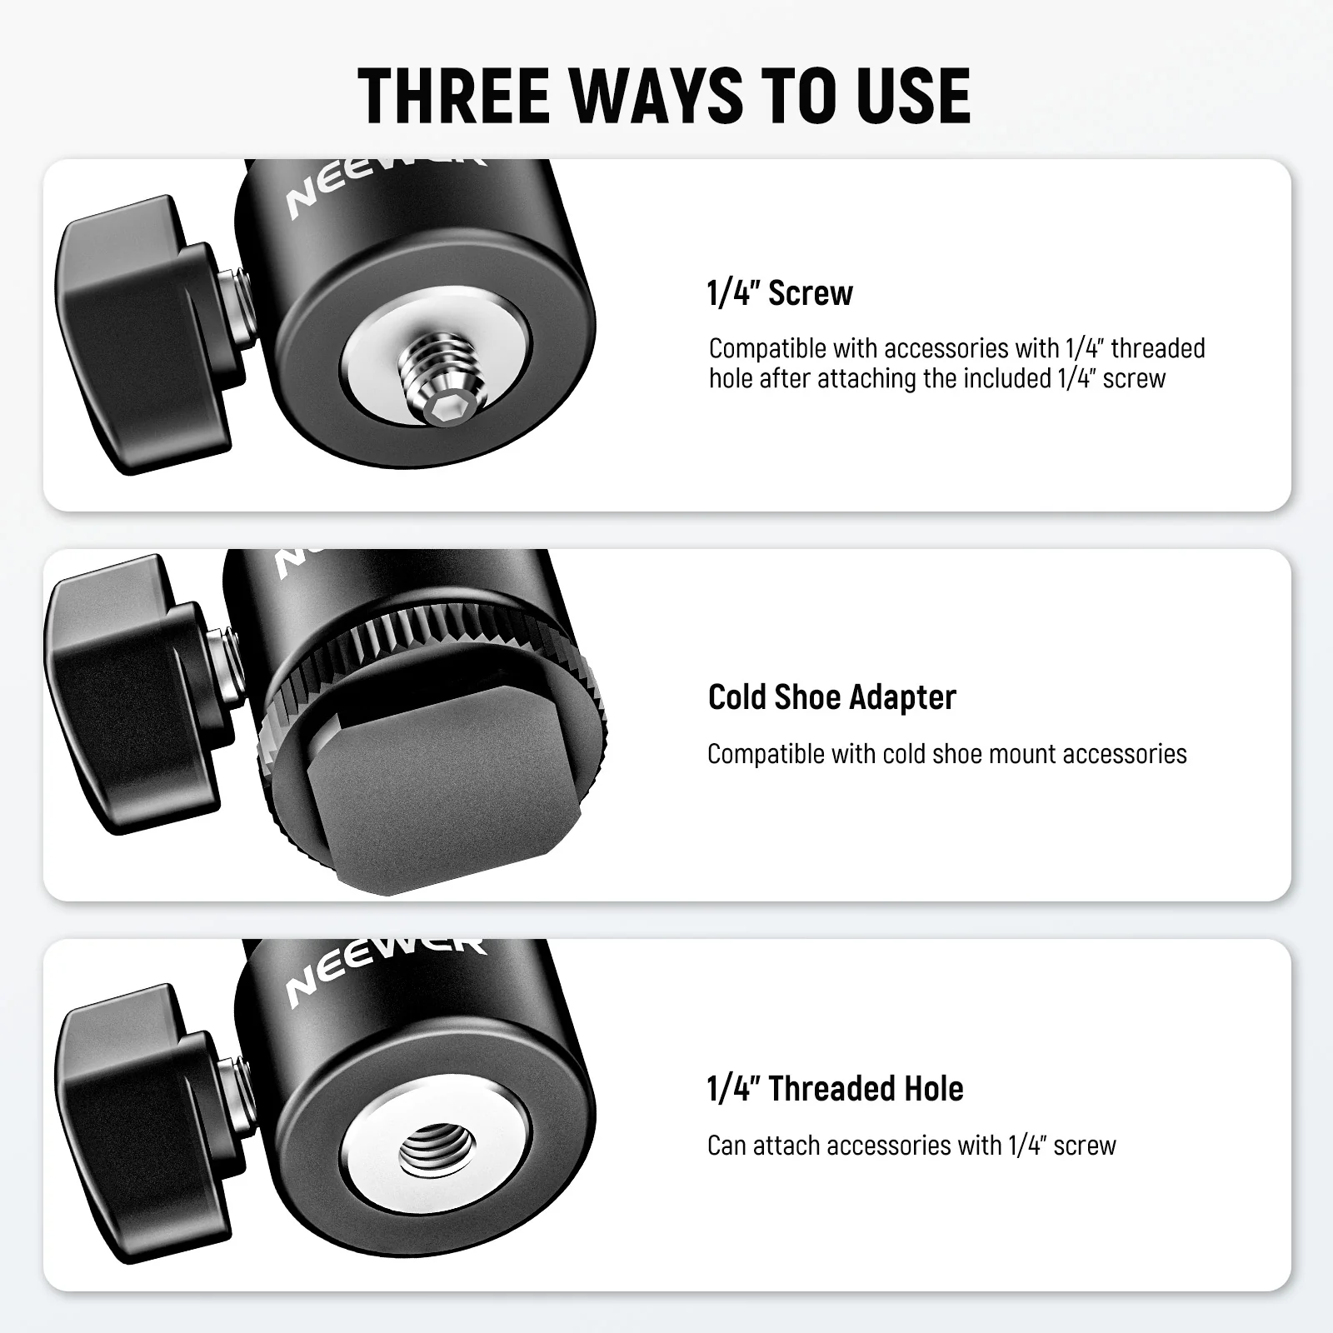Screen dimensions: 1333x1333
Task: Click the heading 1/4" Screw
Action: coord(780,293)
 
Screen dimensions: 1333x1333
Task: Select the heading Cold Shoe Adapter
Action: coord(831,697)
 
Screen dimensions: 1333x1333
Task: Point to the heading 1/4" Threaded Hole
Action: coord(835,1089)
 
